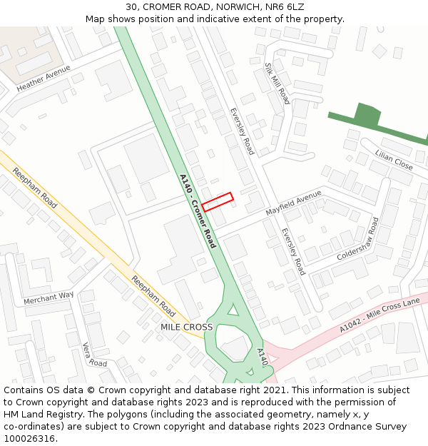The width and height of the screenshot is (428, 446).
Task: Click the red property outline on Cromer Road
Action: [x=218, y=201]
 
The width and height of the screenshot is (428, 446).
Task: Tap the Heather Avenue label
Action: [x=44, y=78]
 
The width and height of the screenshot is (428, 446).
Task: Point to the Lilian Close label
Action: [x=394, y=160]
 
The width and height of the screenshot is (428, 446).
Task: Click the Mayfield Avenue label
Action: [x=293, y=203]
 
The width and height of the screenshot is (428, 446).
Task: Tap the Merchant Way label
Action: [x=49, y=298]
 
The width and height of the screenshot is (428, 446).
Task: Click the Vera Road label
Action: [x=95, y=353]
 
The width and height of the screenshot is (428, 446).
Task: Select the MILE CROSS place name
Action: [x=186, y=327]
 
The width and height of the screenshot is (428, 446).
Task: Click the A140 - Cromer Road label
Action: [x=198, y=211]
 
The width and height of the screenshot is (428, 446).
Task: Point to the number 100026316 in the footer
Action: [x=31, y=438]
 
